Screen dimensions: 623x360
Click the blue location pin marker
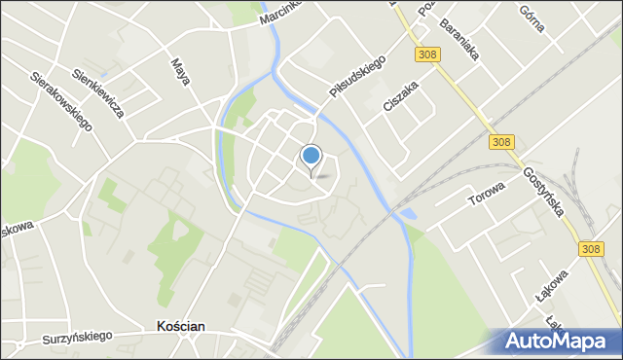[x=311, y=156]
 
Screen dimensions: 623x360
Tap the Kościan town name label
[x=180, y=328]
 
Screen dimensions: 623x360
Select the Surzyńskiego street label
[x=77, y=338]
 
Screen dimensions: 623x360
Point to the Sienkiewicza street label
[x=98, y=93]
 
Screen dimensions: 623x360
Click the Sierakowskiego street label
[x=60, y=100]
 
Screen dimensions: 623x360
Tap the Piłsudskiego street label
[x=357, y=77]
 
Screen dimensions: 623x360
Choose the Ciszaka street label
[x=400, y=96]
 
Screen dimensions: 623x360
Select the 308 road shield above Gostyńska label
[x=501, y=142]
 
